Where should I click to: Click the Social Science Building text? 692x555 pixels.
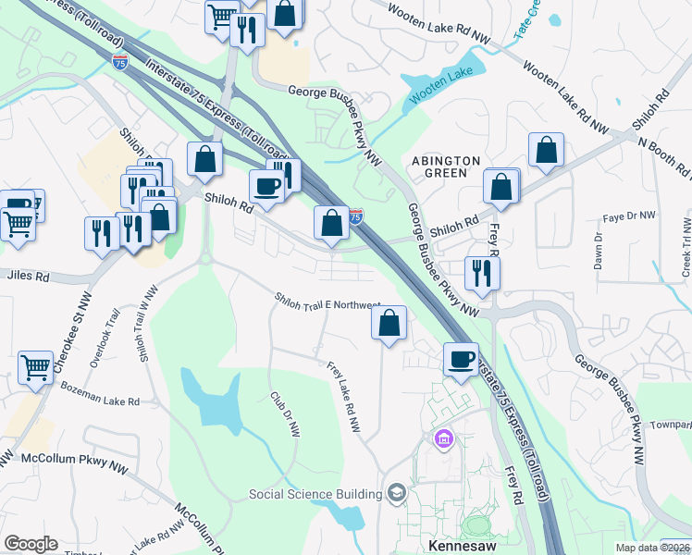tap(315, 494)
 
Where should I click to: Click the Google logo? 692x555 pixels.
tap(31, 544)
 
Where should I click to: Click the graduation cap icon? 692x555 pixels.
tap(397, 492)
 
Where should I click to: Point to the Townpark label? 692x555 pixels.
tap(671, 425)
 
